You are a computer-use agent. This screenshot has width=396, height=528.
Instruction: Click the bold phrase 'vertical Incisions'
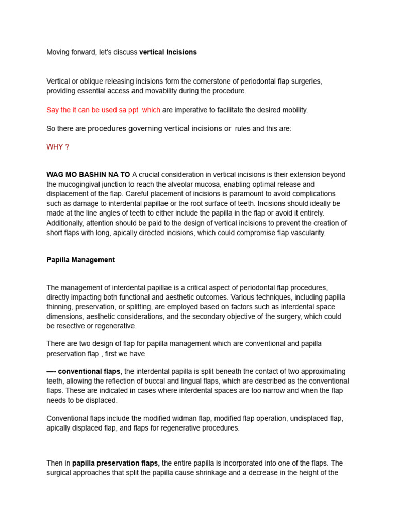point(168,52)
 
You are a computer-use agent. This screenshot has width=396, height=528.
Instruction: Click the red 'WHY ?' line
point(58,147)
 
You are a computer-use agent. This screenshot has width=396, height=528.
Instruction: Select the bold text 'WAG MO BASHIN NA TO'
point(88,175)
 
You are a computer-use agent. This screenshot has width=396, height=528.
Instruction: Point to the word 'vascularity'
point(307,233)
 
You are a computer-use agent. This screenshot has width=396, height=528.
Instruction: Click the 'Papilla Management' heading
point(81,260)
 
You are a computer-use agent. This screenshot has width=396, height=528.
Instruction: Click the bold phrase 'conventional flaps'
point(89,372)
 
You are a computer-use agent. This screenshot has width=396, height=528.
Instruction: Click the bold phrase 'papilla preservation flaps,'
point(116,463)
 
